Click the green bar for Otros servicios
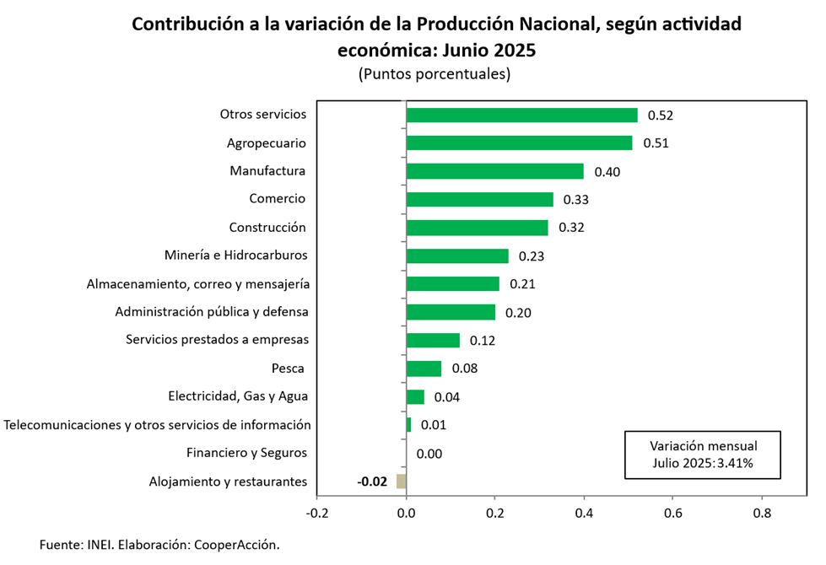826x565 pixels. pos(521,116)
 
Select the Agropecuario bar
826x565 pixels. pos(519,143)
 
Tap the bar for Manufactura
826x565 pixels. pos(494,171)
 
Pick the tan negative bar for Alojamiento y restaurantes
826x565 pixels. pos(401,482)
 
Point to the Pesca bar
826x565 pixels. pos(424,369)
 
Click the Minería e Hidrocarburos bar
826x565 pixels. pos(457,256)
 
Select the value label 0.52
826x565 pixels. pos(660,116)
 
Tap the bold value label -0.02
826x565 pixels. pos(372,482)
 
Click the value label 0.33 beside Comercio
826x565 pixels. pos(575,200)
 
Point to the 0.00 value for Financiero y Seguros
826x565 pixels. pos(429,454)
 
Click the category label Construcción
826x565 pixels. pos(267,228)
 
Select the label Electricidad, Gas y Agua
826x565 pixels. pos(238,395)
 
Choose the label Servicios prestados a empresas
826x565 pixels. pos(217,340)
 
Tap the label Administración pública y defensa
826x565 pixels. pos(212,312)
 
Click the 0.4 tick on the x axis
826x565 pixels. pos(584,513)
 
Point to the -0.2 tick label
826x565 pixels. pos(317,513)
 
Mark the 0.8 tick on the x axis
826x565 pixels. pos(762,513)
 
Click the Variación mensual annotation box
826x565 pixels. pos(703,455)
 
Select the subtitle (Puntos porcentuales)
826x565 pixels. pos(435,73)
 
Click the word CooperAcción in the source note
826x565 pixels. pos(236,545)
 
